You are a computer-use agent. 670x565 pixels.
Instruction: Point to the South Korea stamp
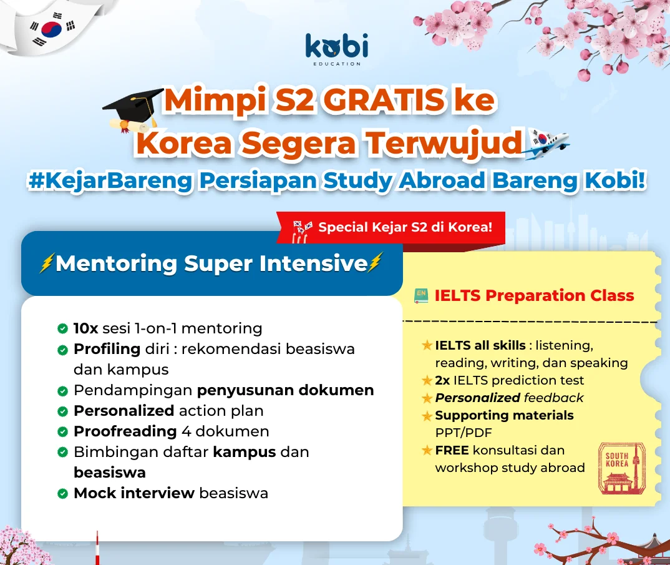[x=622, y=469]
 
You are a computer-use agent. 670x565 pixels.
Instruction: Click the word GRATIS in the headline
[x=383, y=100]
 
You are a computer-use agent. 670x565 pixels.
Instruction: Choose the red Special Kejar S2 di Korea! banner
[x=391, y=227]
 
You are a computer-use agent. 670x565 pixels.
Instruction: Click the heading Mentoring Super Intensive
[x=211, y=263]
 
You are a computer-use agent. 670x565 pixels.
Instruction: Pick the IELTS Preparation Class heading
[x=534, y=295]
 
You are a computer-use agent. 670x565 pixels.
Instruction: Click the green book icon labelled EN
[x=421, y=295]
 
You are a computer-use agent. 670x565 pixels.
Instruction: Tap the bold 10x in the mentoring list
[x=86, y=328]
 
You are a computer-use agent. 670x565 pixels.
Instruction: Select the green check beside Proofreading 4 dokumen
[x=62, y=432]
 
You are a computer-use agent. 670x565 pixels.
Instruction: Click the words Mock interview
[x=134, y=493]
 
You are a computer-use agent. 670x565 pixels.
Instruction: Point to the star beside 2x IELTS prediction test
[x=427, y=380]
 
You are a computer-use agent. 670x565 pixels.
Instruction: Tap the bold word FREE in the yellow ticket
[x=452, y=450]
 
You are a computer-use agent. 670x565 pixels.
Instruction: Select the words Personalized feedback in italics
[x=509, y=398]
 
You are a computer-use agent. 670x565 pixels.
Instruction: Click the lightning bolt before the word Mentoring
[x=47, y=263]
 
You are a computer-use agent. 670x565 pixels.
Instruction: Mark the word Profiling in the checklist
[x=107, y=350]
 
